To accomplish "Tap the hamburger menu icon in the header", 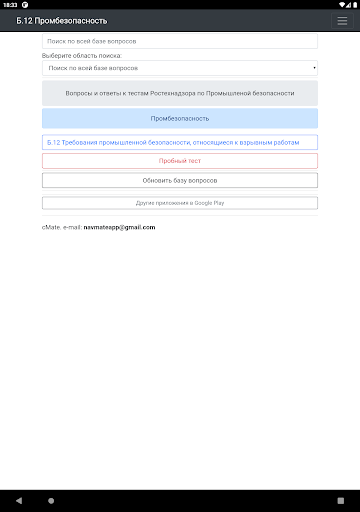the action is pyautogui.click(x=342, y=21).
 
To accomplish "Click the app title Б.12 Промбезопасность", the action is pyautogui.click(x=55, y=21).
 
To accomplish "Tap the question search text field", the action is pyautogui.click(x=179, y=41).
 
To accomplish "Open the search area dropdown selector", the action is pyautogui.click(x=179, y=68).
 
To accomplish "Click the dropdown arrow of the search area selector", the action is pyautogui.click(x=314, y=68).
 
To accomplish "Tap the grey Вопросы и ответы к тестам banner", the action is pyautogui.click(x=179, y=93).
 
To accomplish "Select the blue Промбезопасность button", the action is pyautogui.click(x=179, y=118).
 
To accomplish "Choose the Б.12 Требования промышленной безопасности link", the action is pyautogui.click(x=179, y=142).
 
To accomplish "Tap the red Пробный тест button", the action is pyautogui.click(x=179, y=160).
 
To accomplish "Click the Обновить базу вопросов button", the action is pyautogui.click(x=179, y=180).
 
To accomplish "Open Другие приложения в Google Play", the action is pyautogui.click(x=179, y=202).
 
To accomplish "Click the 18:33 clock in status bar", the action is pyautogui.click(x=10, y=5).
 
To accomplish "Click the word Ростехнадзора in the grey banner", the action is pyautogui.click(x=216, y=93).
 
